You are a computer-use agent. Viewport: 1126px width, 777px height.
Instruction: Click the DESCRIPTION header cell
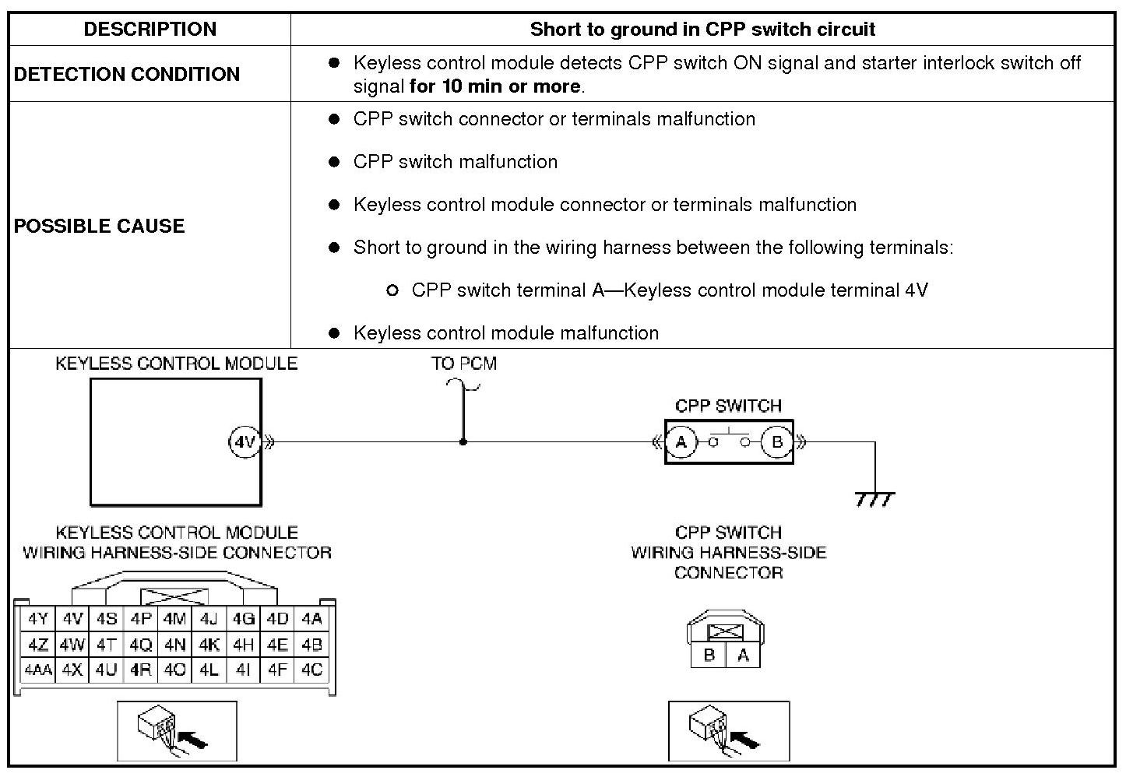(150, 30)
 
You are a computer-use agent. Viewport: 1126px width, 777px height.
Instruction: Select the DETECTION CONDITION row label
(127, 74)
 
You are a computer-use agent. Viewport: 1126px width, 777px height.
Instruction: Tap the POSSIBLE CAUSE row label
(100, 226)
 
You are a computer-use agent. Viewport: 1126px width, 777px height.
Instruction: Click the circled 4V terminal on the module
(245, 442)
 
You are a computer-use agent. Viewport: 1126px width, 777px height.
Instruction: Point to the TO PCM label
(464, 364)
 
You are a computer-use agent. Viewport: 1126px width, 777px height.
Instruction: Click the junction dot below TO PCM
(463, 442)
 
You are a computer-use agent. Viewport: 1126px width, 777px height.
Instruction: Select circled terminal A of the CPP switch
(681, 442)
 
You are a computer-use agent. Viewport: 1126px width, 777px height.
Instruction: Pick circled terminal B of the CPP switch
(776, 442)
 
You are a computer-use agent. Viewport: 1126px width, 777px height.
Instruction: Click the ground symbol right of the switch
(874, 498)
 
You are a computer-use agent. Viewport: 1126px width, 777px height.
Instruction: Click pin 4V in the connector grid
(72, 620)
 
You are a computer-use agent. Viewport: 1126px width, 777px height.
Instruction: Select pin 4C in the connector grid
(311, 670)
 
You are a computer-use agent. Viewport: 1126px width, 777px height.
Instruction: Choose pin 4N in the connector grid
(175, 645)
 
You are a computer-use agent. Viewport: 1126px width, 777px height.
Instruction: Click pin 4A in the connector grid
(311, 620)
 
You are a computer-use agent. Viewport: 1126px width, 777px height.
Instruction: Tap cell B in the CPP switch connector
(709, 655)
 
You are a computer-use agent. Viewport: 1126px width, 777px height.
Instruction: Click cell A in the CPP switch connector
(743, 655)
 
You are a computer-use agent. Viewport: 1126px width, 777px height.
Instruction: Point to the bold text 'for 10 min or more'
(495, 86)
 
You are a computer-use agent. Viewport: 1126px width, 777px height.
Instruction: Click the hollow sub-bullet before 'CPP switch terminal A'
(392, 290)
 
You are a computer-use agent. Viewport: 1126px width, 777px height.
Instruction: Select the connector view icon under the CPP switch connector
(728, 730)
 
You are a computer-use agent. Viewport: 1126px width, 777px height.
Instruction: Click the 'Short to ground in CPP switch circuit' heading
(702, 30)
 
